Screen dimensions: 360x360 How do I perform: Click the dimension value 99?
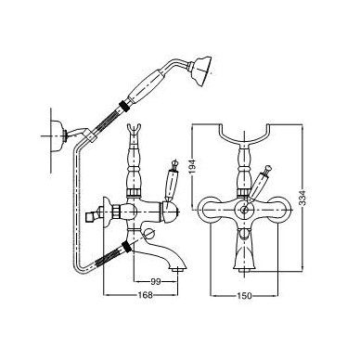[x=157, y=281]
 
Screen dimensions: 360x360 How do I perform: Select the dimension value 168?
[x=145, y=295]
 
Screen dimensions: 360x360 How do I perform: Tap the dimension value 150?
[x=244, y=296]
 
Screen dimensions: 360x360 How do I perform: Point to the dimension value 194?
[x=193, y=167]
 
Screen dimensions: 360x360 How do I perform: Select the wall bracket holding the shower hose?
[x=58, y=135]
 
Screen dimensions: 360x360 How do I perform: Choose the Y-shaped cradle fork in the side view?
[x=135, y=132]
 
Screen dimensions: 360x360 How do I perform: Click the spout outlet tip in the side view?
[x=177, y=270]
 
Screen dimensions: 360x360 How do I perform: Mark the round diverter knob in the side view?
[x=150, y=234]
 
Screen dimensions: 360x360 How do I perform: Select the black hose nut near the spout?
[x=126, y=247]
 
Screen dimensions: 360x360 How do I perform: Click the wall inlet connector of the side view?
[x=93, y=214]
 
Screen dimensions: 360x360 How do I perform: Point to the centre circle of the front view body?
[x=245, y=211]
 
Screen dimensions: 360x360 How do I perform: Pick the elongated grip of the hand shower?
[x=145, y=85]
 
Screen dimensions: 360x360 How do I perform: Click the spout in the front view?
[x=244, y=251]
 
